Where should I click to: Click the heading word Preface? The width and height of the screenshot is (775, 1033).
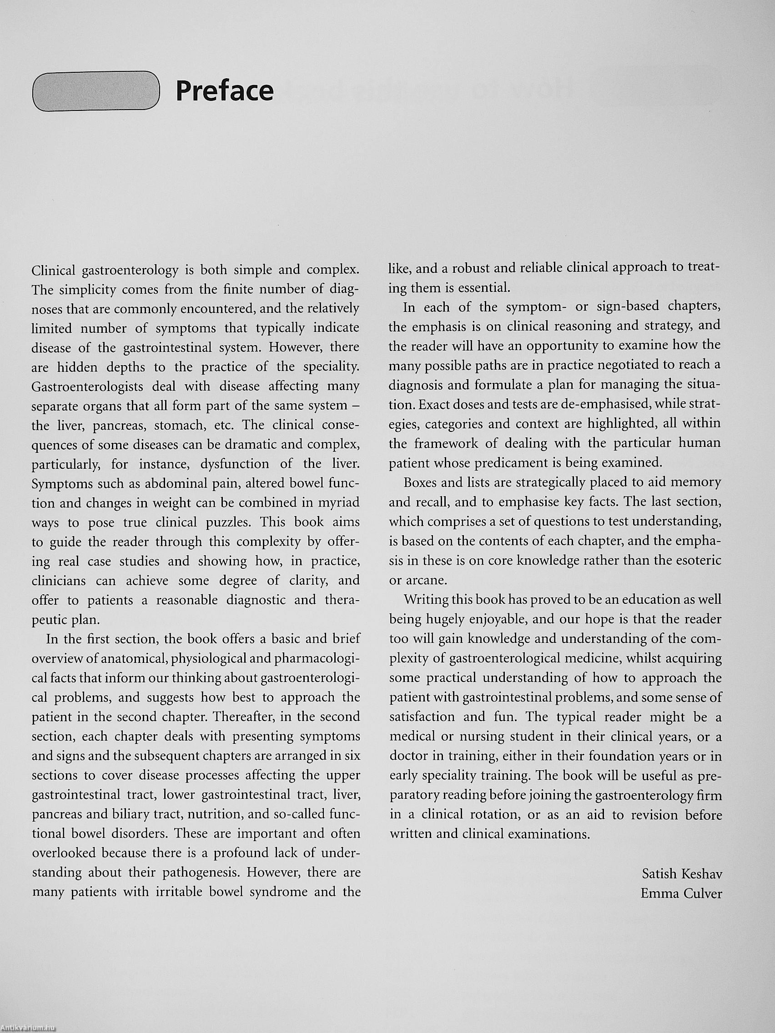(224, 90)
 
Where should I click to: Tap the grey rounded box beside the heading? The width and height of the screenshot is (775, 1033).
(96, 91)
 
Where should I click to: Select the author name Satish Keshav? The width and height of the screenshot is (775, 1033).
(682, 873)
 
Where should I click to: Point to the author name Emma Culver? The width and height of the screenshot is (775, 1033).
(681, 893)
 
